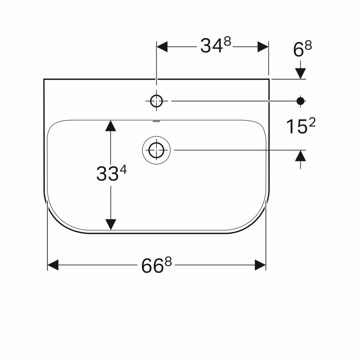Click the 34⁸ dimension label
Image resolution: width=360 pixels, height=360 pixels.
click(x=216, y=45)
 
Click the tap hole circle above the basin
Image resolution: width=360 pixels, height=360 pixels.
click(x=156, y=101)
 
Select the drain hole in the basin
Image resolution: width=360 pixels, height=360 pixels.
click(x=156, y=150)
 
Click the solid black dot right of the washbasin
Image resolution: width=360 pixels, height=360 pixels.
click(x=300, y=101)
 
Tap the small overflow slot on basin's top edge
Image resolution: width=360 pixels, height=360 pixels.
click(x=156, y=121)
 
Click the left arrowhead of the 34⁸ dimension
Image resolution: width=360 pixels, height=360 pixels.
click(x=162, y=47)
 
